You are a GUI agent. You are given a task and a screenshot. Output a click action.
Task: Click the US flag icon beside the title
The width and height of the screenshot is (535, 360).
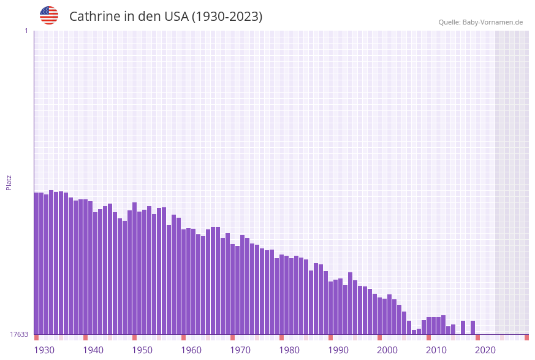pos(49,15)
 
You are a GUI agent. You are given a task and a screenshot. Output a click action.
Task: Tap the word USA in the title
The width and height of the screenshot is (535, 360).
pos(176,17)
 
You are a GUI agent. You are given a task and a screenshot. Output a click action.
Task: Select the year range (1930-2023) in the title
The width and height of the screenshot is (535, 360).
pos(227,17)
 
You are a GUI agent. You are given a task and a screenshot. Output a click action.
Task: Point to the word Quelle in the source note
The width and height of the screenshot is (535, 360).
pos(449,22)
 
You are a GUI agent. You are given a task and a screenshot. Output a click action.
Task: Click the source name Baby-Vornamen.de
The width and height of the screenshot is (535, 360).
pos(493,22)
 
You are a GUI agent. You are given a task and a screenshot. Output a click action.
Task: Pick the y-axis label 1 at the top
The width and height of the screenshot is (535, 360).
pos(26,31)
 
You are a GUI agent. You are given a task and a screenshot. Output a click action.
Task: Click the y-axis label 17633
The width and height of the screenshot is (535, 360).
pos(19,334)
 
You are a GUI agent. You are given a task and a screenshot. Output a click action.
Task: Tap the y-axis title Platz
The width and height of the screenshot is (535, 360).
pos(9,182)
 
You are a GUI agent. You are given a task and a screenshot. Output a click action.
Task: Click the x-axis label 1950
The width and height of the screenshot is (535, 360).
pos(142,350)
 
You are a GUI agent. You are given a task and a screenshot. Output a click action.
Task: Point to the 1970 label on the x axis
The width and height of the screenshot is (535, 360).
pos(240,350)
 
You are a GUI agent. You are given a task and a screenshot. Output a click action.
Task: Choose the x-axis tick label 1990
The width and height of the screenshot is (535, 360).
pos(338,350)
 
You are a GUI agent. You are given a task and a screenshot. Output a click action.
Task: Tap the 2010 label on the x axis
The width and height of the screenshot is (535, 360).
pos(436,350)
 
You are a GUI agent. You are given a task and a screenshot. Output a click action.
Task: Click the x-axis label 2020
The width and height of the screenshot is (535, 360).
pos(485,350)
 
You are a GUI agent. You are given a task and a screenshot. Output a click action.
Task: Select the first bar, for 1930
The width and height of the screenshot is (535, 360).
pos(36,264)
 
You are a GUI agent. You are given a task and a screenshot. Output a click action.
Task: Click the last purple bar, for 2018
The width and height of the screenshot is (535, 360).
pos(472,327)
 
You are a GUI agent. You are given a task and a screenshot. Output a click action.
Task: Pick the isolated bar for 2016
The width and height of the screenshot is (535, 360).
pos(463,327)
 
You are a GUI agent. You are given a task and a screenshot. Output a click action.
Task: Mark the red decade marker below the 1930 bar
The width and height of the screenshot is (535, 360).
pos(36,337)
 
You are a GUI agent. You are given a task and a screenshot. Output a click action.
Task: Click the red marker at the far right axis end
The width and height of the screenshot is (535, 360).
pos(526,337)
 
